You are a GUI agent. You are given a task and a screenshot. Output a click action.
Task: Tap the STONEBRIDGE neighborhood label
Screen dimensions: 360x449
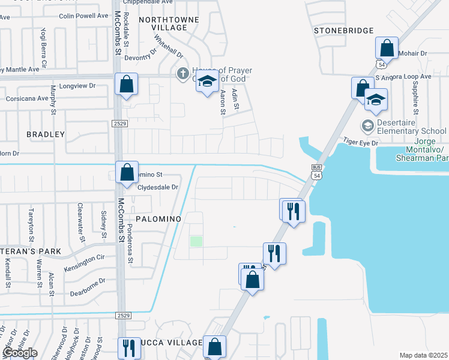point(343,31)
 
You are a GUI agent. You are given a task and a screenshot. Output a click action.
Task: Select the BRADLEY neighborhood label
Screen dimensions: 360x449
point(45,134)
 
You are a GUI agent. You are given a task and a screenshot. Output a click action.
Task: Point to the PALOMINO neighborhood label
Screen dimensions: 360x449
point(158,219)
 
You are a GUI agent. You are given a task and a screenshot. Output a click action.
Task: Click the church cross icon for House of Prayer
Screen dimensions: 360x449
point(182,73)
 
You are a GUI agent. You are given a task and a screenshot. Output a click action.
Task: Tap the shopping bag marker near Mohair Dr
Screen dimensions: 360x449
point(387,49)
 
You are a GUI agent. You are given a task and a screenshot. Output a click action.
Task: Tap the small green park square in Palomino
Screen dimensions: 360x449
point(196,241)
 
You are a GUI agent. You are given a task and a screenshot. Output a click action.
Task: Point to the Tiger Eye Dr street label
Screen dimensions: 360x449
point(360,142)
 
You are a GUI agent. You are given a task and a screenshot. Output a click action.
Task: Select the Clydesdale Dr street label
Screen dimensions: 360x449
point(158,187)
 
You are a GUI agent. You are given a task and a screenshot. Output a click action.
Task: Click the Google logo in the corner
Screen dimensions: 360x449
point(19,353)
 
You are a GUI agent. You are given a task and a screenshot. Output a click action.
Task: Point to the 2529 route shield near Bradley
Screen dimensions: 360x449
point(119,124)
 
